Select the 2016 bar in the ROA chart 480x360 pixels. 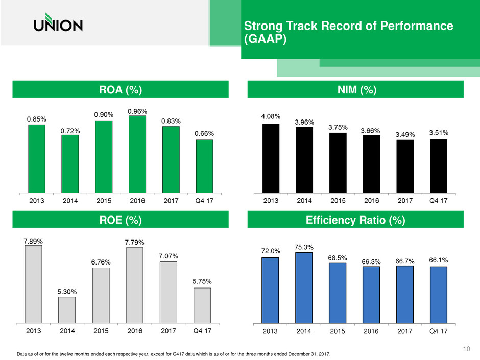pos(137,154)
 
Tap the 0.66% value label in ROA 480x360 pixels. pos(204,134)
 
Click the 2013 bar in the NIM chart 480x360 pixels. pos(271,158)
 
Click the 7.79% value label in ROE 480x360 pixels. pos(134,242)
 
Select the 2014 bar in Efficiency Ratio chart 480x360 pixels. pos(304,287)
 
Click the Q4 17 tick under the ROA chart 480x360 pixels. pos(204,201)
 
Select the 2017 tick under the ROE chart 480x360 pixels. pos(169,331)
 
